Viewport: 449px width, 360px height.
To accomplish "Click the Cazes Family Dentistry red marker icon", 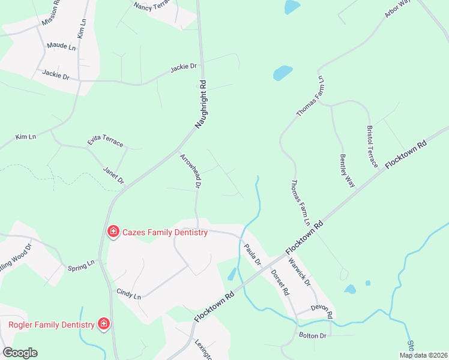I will pyautogui.click(x=112, y=232).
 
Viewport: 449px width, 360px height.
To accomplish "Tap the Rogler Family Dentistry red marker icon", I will pyautogui.click(x=104, y=325).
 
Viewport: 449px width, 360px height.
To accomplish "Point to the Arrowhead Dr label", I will pyautogui.click(x=190, y=171).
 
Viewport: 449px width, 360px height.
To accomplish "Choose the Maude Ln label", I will pyautogui.click(x=61, y=46).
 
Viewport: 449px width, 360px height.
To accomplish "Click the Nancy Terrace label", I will pyautogui.click(x=152, y=7).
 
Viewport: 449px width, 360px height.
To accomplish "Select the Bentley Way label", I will pyautogui.click(x=347, y=170).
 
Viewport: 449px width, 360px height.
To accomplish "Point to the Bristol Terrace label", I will pyautogui.click(x=373, y=147).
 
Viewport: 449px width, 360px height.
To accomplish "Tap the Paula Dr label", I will pyautogui.click(x=253, y=254).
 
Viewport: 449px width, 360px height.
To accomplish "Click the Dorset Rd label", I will pyautogui.click(x=280, y=283).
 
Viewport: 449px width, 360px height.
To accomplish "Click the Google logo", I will pyautogui.click(x=20, y=353).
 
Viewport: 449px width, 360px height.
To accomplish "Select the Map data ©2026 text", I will pyautogui.click(x=423, y=355).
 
